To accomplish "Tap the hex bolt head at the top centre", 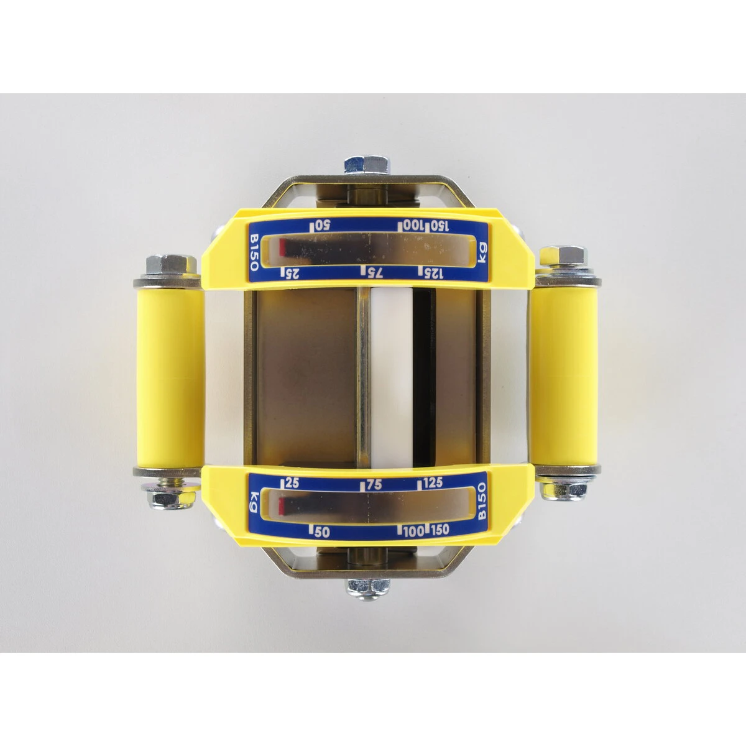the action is (367, 165).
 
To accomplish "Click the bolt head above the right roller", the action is (564, 256).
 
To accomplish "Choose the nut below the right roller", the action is (564, 491).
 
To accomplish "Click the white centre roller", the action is (391, 376).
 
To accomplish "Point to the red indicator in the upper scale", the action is (282, 247).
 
